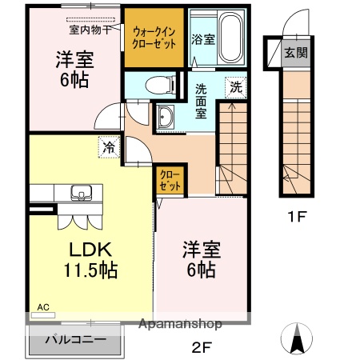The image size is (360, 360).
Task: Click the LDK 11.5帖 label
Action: coord(90,258)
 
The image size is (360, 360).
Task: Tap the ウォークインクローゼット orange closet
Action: coord(154,37)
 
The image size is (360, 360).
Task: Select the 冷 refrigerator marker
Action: coord(108,147)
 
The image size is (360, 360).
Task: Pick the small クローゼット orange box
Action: coord(169,178)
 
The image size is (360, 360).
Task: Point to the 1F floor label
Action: coord(297,215)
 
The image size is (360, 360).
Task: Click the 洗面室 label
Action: coord(202,101)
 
